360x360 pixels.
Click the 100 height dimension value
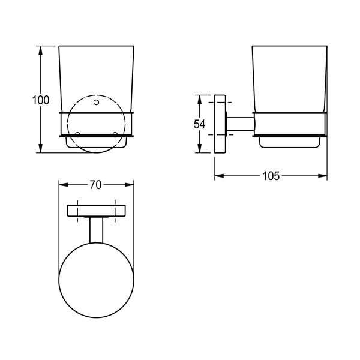click(41, 100)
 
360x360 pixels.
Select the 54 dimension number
click(199, 124)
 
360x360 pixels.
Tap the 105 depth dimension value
click(271, 176)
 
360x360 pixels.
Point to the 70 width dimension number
click(95, 185)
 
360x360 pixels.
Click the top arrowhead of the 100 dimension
click(41, 50)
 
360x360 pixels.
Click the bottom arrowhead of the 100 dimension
click(41, 148)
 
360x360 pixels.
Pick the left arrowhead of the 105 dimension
click(219, 176)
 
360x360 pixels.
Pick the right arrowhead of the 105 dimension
click(323, 176)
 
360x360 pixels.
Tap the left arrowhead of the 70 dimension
click(64, 185)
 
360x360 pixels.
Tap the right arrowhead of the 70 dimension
click(129, 185)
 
